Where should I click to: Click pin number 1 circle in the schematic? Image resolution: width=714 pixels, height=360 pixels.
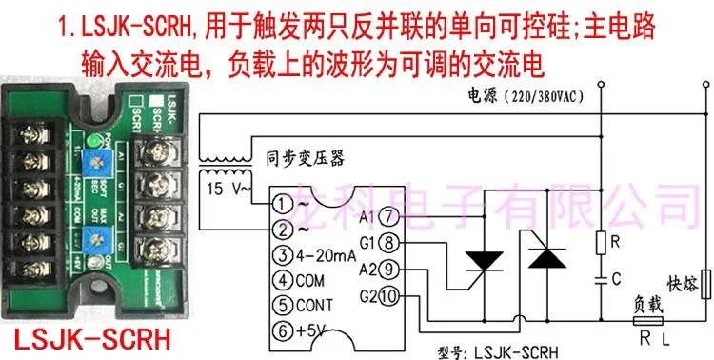coord(276,204)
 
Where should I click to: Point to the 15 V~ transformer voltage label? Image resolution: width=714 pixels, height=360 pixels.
coord(228,190)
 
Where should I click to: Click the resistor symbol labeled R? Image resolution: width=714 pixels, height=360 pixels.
coord(600,243)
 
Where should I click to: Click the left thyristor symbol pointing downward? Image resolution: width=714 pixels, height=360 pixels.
coord(486,259)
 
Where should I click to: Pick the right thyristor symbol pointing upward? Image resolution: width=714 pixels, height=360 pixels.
coord(545,258)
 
